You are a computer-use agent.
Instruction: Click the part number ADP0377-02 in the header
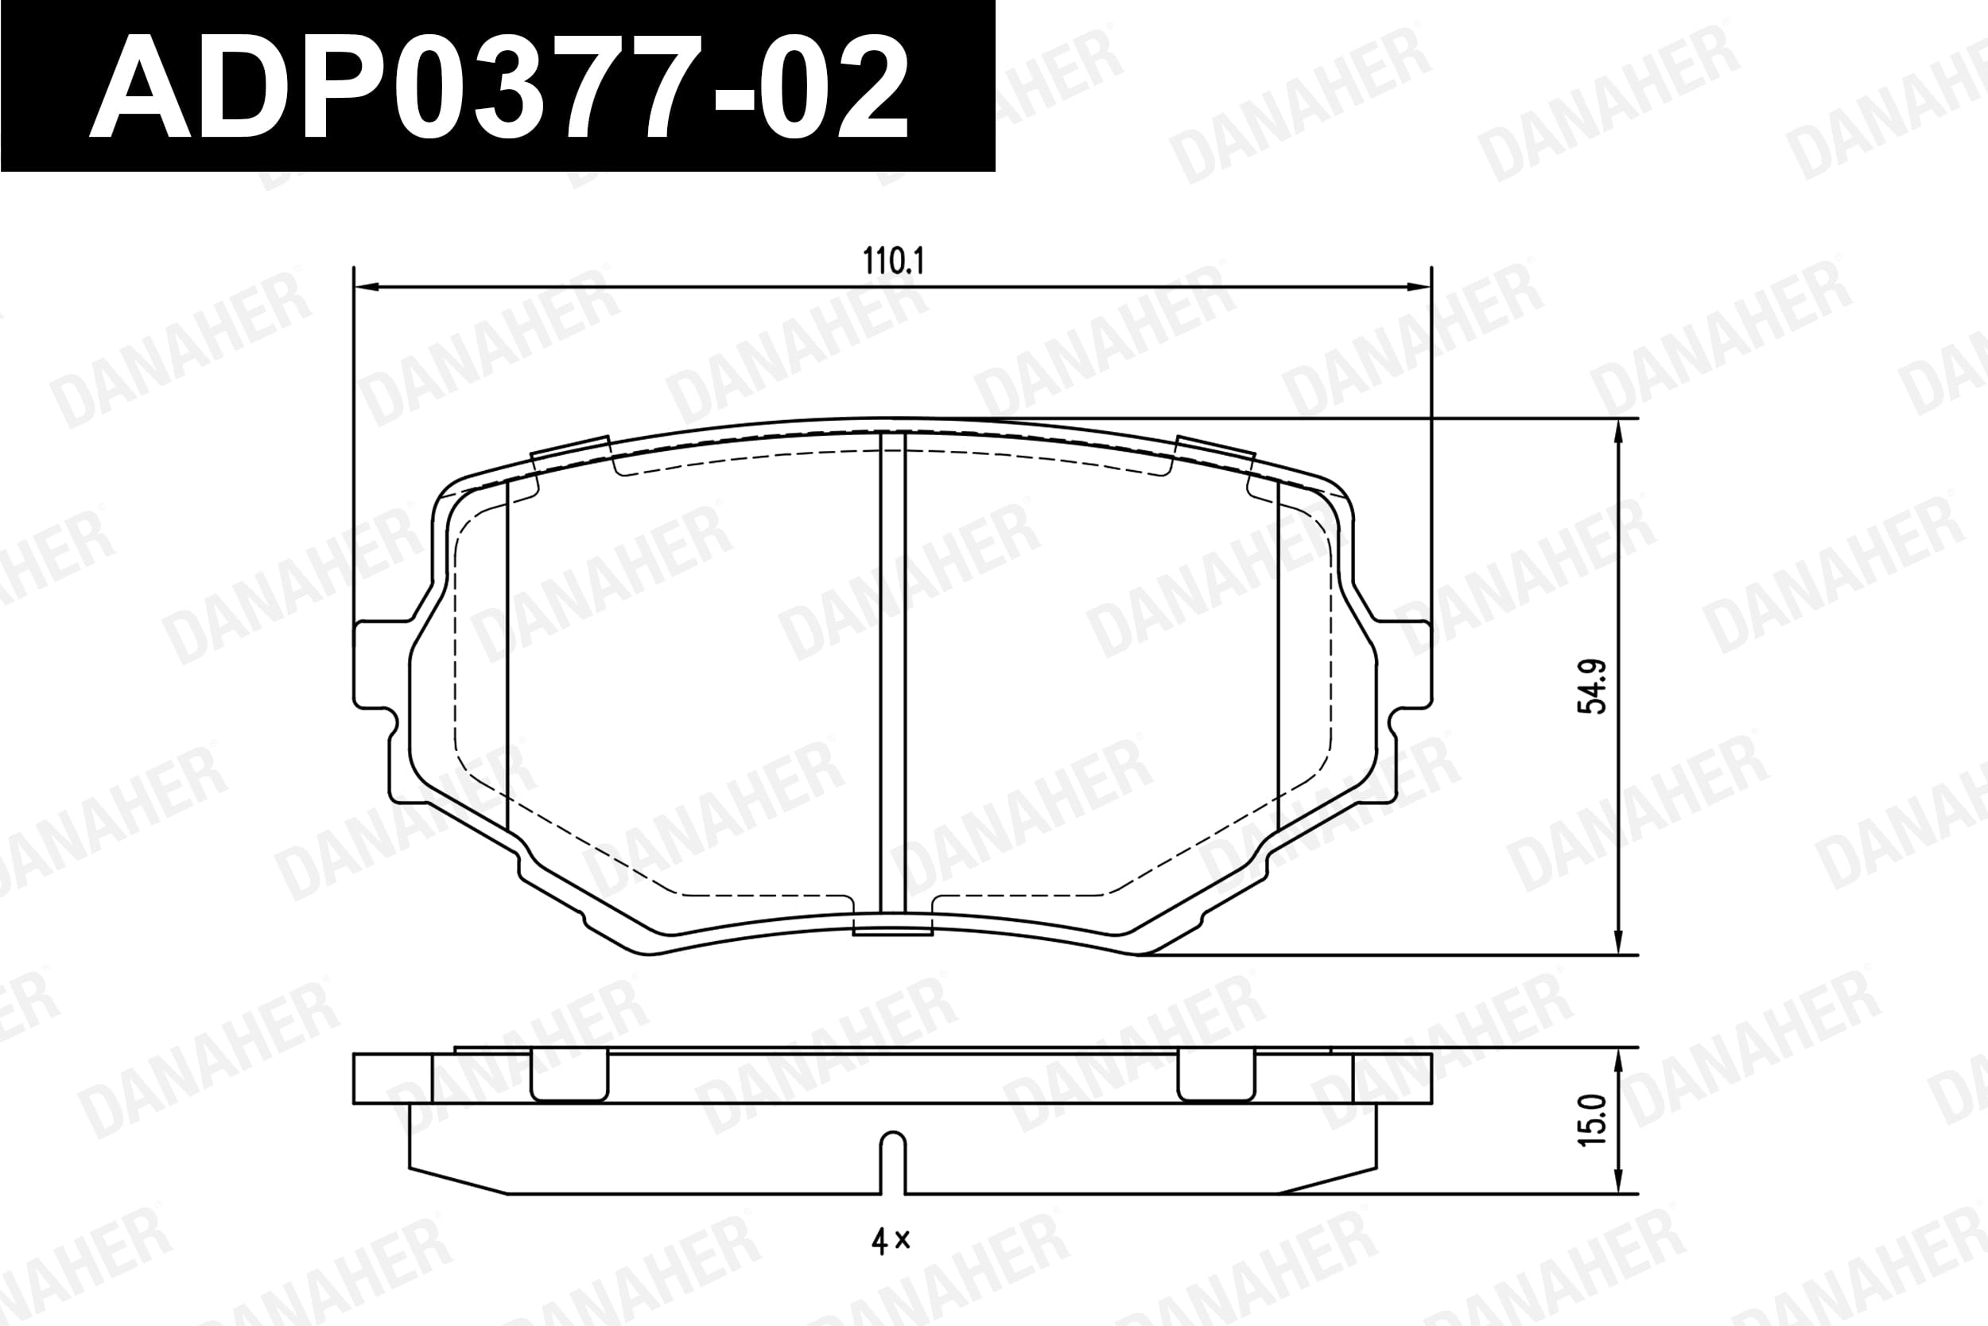pyautogui.click(x=498, y=87)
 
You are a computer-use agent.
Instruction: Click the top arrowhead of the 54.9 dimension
pyautogui.click(x=1617, y=432)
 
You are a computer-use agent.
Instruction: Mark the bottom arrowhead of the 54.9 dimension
pyautogui.click(x=1617, y=941)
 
